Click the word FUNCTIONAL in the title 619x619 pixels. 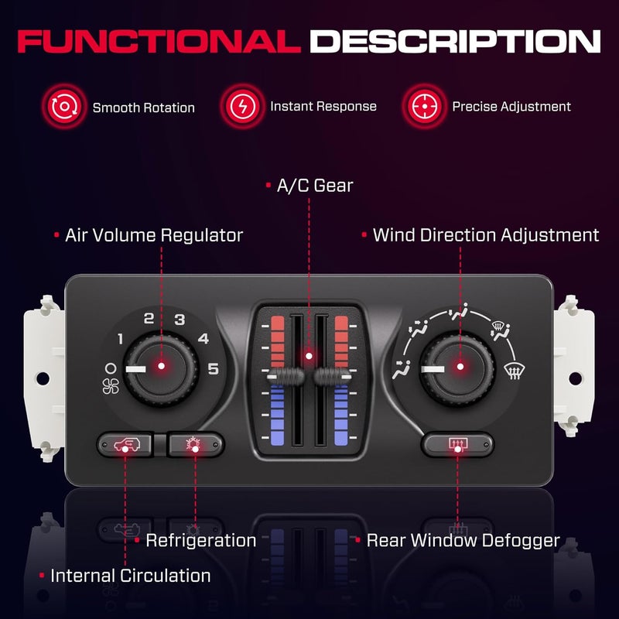(x=159, y=42)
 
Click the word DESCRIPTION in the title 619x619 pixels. (x=455, y=42)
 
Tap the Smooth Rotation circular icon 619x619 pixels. (x=64, y=106)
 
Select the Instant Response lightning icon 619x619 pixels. (x=242, y=106)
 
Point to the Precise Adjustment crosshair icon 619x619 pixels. (x=424, y=106)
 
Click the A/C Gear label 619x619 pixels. (x=315, y=186)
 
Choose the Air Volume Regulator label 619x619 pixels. (x=154, y=235)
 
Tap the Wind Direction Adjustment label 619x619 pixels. (x=486, y=235)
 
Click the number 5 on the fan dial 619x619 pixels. (x=214, y=369)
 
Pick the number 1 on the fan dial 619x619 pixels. (x=121, y=339)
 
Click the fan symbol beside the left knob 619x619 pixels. (x=111, y=386)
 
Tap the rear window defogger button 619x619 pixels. (x=457, y=444)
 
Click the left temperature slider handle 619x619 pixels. (x=286, y=377)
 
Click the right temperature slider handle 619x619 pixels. (x=333, y=377)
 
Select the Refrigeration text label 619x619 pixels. (x=201, y=540)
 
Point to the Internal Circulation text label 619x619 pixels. (x=131, y=576)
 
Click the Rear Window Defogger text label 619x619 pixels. (x=463, y=540)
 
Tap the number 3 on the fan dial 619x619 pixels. (x=180, y=320)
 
